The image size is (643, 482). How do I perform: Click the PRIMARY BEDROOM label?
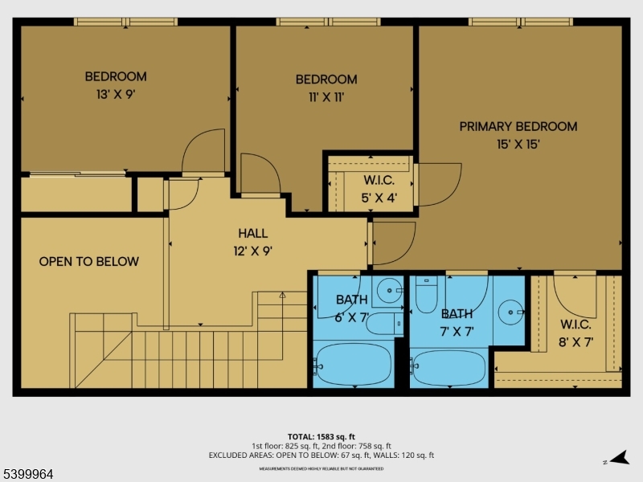pos(518,126)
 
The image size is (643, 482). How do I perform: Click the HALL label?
pos(252,233)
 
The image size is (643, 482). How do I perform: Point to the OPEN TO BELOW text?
pos(89,261)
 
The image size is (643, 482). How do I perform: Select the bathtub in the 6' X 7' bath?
pos(354,365)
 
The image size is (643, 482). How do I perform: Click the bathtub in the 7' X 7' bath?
pos(448,366)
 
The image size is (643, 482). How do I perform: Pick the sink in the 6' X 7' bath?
pos(391,288)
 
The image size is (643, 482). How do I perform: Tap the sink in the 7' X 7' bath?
pos(510,309)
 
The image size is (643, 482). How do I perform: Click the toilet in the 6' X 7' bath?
pos(387,323)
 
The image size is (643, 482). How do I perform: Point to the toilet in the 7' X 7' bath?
pos(426,296)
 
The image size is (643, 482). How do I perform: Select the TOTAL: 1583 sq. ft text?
pos(321,436)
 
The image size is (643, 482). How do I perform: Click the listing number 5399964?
pos(29,474)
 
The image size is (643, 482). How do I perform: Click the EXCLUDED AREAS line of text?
pos(321,455)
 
